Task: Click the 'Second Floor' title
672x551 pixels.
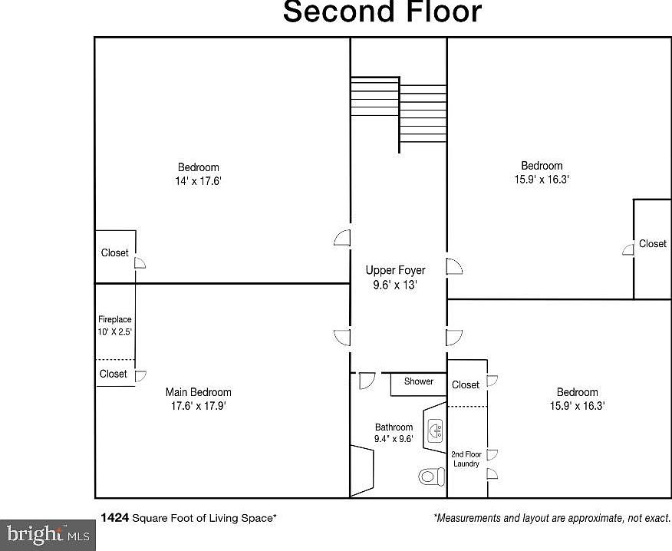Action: [383, 13]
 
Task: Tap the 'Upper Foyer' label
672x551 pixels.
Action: [395, 270]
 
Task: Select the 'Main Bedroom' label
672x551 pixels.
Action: [198, 392]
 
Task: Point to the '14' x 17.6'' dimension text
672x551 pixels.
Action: [198, 182]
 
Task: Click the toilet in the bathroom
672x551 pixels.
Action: [432, 476]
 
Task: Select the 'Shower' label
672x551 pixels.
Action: [419, 381]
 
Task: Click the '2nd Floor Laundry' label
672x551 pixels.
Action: [466, 458]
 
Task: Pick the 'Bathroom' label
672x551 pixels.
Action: [394, 427]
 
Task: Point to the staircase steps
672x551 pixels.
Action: [398, 107]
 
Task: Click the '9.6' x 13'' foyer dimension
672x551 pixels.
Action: [395, 285]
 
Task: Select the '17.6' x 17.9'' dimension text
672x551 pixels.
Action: [198, 406]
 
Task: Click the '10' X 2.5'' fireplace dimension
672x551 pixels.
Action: [115, 332]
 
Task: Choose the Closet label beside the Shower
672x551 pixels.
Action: [466, 384]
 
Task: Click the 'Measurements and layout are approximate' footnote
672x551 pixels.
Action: [552, 518]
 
